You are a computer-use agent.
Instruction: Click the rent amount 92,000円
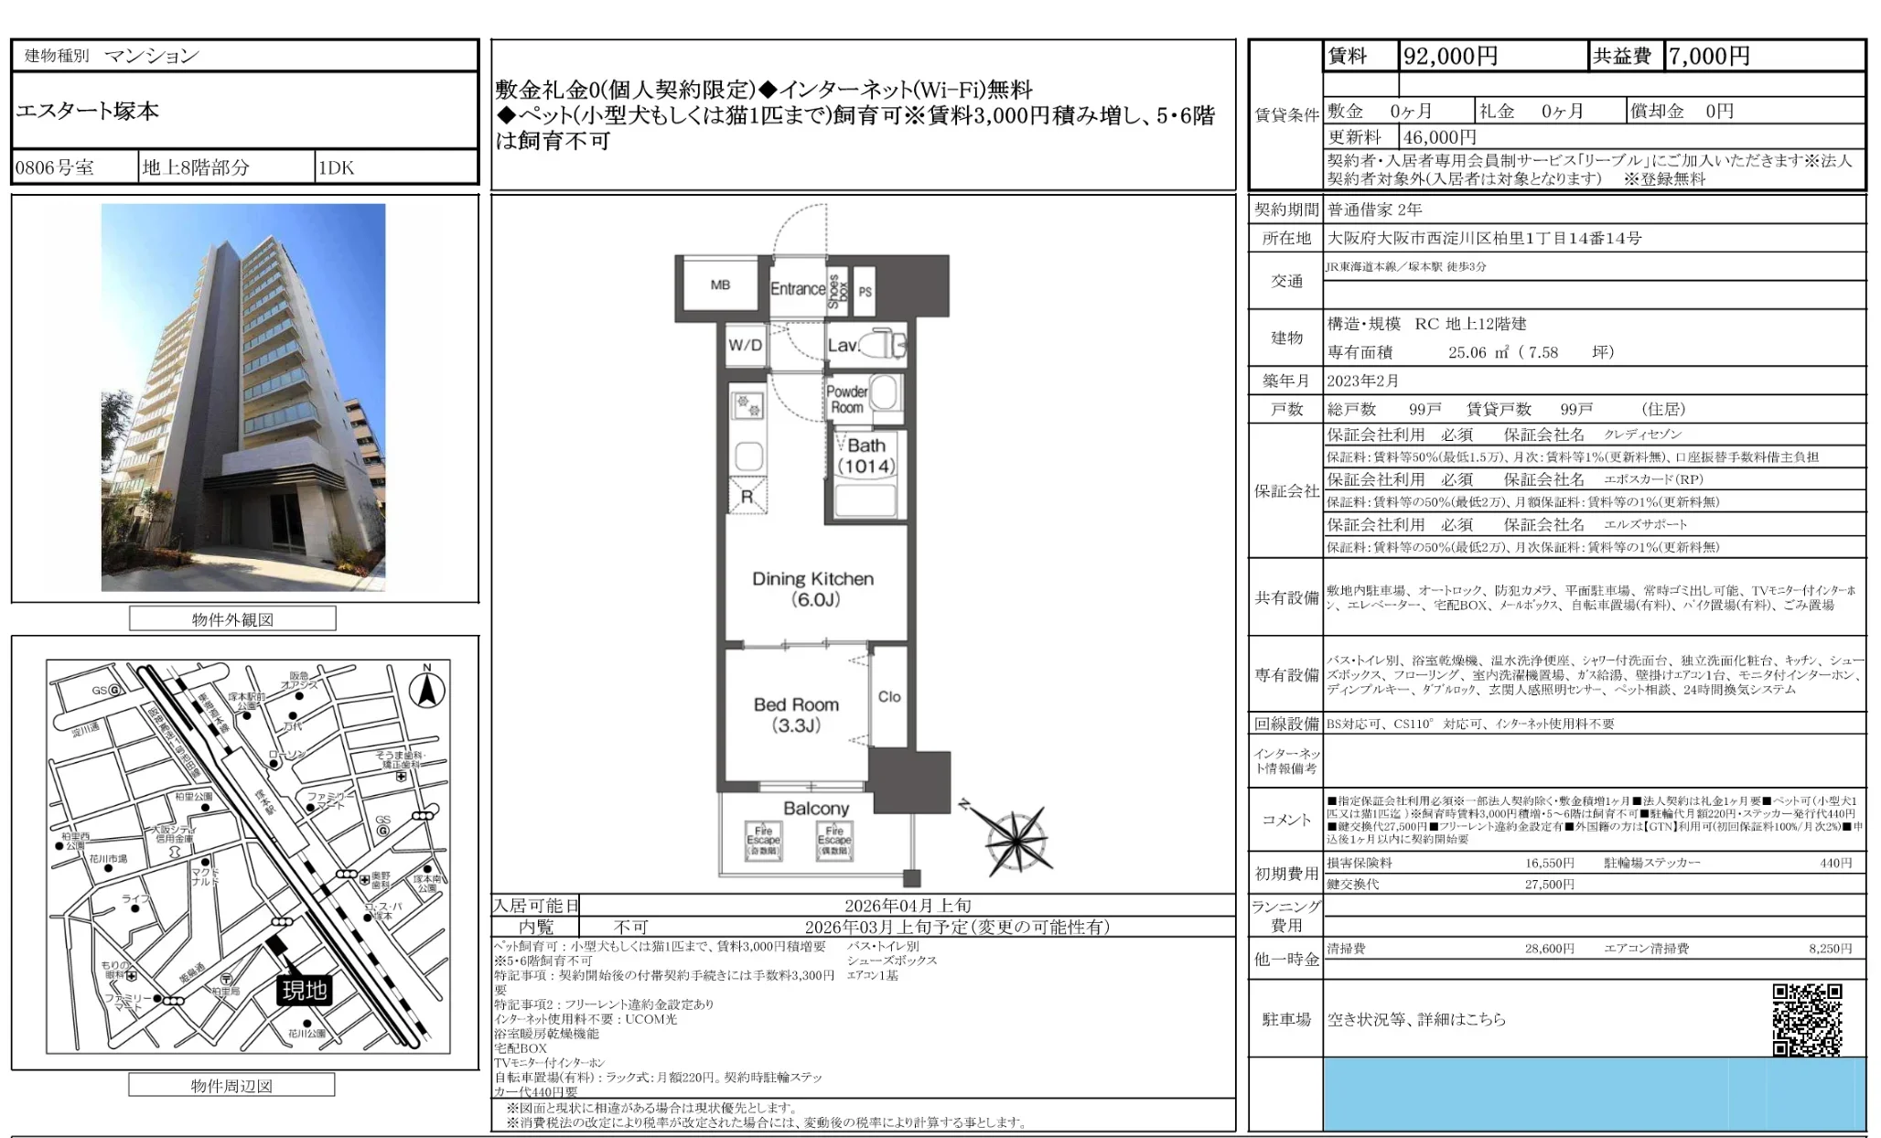point(1450,57)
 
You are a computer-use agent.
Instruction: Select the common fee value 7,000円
point(1709,57)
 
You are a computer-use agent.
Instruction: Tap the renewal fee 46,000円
point(1440,137)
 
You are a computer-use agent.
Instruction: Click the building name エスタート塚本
point(88,112)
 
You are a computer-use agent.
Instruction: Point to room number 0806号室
point(55,168)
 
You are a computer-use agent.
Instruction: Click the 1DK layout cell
point(337,168)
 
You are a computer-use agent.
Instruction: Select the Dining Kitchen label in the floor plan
point(812,589)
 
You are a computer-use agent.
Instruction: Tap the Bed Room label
point(796,714)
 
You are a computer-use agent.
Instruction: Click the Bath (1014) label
point(866,456)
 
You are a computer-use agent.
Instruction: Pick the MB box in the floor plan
point(720,285)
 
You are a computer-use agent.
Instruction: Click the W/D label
point(745,345)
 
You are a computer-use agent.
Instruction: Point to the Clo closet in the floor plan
point(889,697)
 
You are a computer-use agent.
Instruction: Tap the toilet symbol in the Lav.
point(885,344)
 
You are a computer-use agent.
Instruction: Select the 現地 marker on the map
point(305,991)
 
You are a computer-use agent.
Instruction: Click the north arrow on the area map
point(426,688)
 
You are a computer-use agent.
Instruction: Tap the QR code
point(1807,1019)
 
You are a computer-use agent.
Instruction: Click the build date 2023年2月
point(1363,381)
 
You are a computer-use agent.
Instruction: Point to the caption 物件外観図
point(232,619)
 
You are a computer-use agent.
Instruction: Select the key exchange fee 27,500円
point(1549,885)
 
